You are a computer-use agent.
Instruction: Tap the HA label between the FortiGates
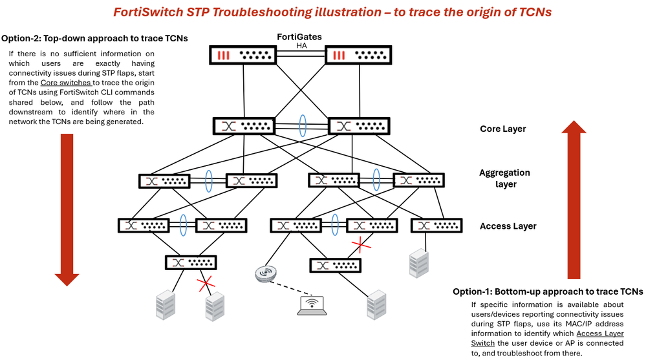point(300,45)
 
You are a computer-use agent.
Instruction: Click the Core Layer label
point(502,129)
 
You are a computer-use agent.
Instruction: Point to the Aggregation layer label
point(504,178)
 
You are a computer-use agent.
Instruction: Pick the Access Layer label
point(508,226)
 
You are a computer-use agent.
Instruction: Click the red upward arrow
point(574,200)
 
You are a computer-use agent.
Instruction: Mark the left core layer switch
point(243,126)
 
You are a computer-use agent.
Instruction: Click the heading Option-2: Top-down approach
point(95,39)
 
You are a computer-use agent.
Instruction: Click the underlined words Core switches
point(67,83)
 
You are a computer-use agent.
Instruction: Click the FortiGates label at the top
point(299,36)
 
